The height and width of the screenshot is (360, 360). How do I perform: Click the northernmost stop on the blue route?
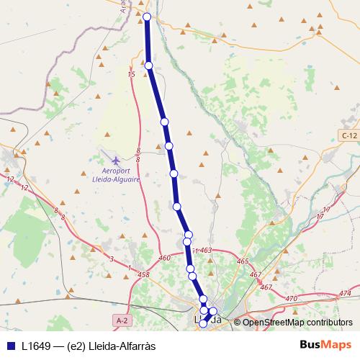tap(147, 17)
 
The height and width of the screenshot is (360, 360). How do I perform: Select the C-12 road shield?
tap(349, 135)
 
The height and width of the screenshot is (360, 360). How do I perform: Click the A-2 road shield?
tap(122, 318)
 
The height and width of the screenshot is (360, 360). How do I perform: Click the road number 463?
tap(205, 251)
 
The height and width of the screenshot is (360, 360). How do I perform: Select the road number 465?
tap(242, 261)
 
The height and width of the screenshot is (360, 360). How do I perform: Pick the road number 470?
tap(291, 298)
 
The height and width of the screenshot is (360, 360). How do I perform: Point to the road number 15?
tap(131, 74)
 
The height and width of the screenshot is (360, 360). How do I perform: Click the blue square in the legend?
tap(10, 345)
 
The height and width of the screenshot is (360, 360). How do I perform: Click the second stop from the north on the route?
tap(149, 66)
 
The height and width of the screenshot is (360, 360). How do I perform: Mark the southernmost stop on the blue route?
tap(203, 324)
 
